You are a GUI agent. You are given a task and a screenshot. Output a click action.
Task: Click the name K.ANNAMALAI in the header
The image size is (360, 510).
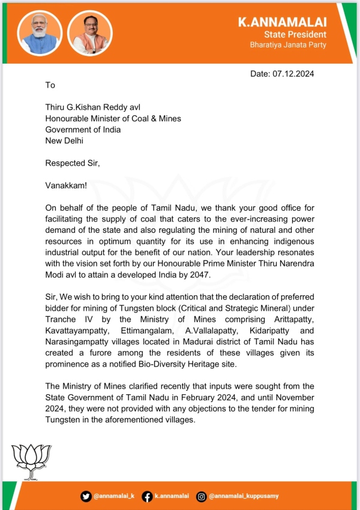point(283,22)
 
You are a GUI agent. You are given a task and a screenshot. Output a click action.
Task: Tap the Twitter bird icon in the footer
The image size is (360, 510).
point(86,496)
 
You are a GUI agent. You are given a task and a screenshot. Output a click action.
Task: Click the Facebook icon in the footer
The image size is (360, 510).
point(147,496)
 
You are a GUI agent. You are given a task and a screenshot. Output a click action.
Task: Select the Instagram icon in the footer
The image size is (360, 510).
point(202,496)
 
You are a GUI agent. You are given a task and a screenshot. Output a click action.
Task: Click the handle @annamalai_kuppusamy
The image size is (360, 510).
point(244,496)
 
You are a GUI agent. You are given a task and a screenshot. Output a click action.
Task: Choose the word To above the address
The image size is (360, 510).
point(50,85)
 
